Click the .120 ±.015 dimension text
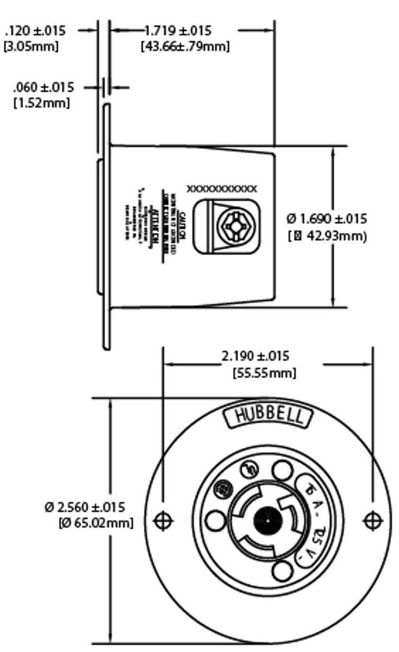pos(35,30)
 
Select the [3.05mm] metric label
pos(30,46)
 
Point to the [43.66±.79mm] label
pos(185,46)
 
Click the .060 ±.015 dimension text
pos(43,87)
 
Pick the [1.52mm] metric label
pos(41,102)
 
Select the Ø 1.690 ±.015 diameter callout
pos(327,219)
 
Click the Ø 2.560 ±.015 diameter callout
pos(85,507)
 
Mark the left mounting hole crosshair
pos(163,521)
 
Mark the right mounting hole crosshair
pos(372,521)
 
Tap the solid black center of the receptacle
pos(268,521)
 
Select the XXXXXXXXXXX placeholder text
pos(222,189)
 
